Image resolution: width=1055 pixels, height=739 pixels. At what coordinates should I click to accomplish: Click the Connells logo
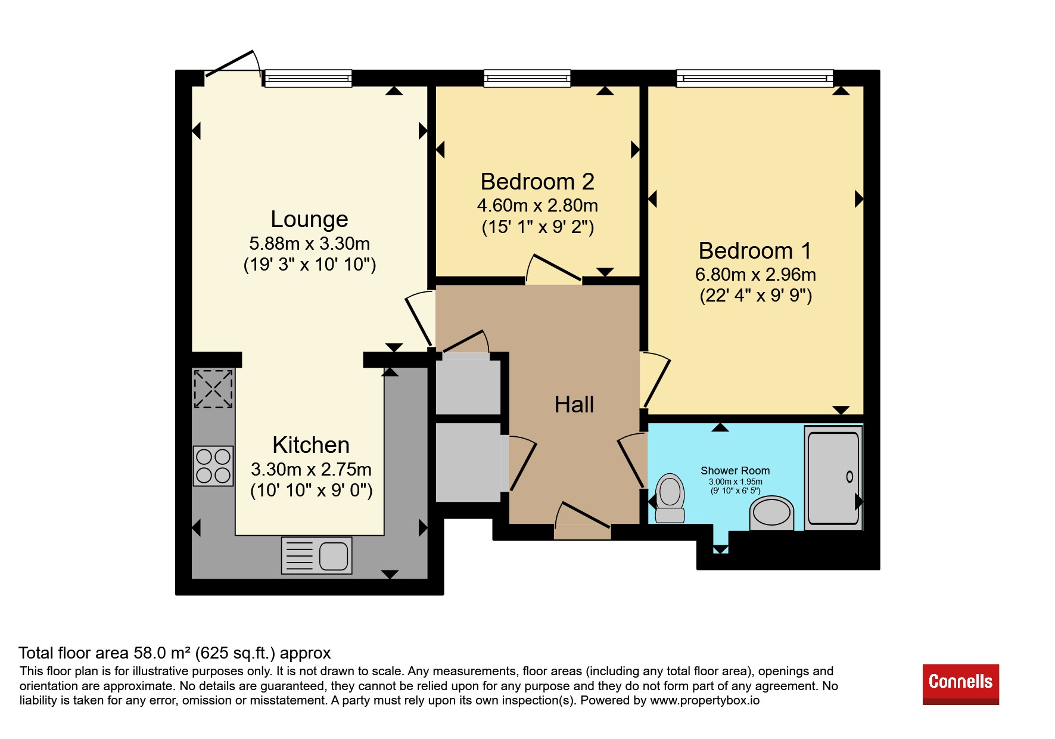coord(960,684)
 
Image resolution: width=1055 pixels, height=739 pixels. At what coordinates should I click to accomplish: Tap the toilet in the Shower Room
coord(670,498)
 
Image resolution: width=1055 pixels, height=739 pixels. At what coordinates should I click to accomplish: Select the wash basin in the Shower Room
coord(771,513)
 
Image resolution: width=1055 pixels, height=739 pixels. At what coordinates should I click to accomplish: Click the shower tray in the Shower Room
coord(833,477)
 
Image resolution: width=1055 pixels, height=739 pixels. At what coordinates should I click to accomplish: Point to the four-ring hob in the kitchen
coord(213,465)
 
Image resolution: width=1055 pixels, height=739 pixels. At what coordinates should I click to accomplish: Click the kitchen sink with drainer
coord(316,555)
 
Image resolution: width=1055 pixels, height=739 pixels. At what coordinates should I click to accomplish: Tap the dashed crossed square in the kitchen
coord(213,389)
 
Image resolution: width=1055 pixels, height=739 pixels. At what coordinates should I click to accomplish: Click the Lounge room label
coord(309,219)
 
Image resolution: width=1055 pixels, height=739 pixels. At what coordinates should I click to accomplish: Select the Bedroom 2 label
coord(537,181)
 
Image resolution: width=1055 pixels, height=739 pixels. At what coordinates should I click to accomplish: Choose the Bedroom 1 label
coord(755,250)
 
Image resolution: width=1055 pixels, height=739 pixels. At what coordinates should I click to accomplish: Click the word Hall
coord(574,405)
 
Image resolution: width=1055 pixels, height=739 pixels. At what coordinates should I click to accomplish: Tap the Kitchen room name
coord(311,445)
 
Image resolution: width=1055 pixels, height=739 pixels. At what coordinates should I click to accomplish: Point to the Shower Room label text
coord(735,471)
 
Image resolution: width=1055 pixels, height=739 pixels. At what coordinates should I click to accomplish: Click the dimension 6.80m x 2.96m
coord(755,275)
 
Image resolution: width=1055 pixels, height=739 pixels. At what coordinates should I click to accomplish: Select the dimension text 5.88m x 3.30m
coord(309,244)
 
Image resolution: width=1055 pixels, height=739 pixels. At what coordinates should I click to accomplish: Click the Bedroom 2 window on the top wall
coord(527,78)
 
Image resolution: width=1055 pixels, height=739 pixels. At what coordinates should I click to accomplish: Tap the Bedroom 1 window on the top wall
coord(755,78)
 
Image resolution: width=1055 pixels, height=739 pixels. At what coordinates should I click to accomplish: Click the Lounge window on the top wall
coord(308,78)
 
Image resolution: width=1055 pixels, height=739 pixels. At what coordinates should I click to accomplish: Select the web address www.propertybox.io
coord(705,700)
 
